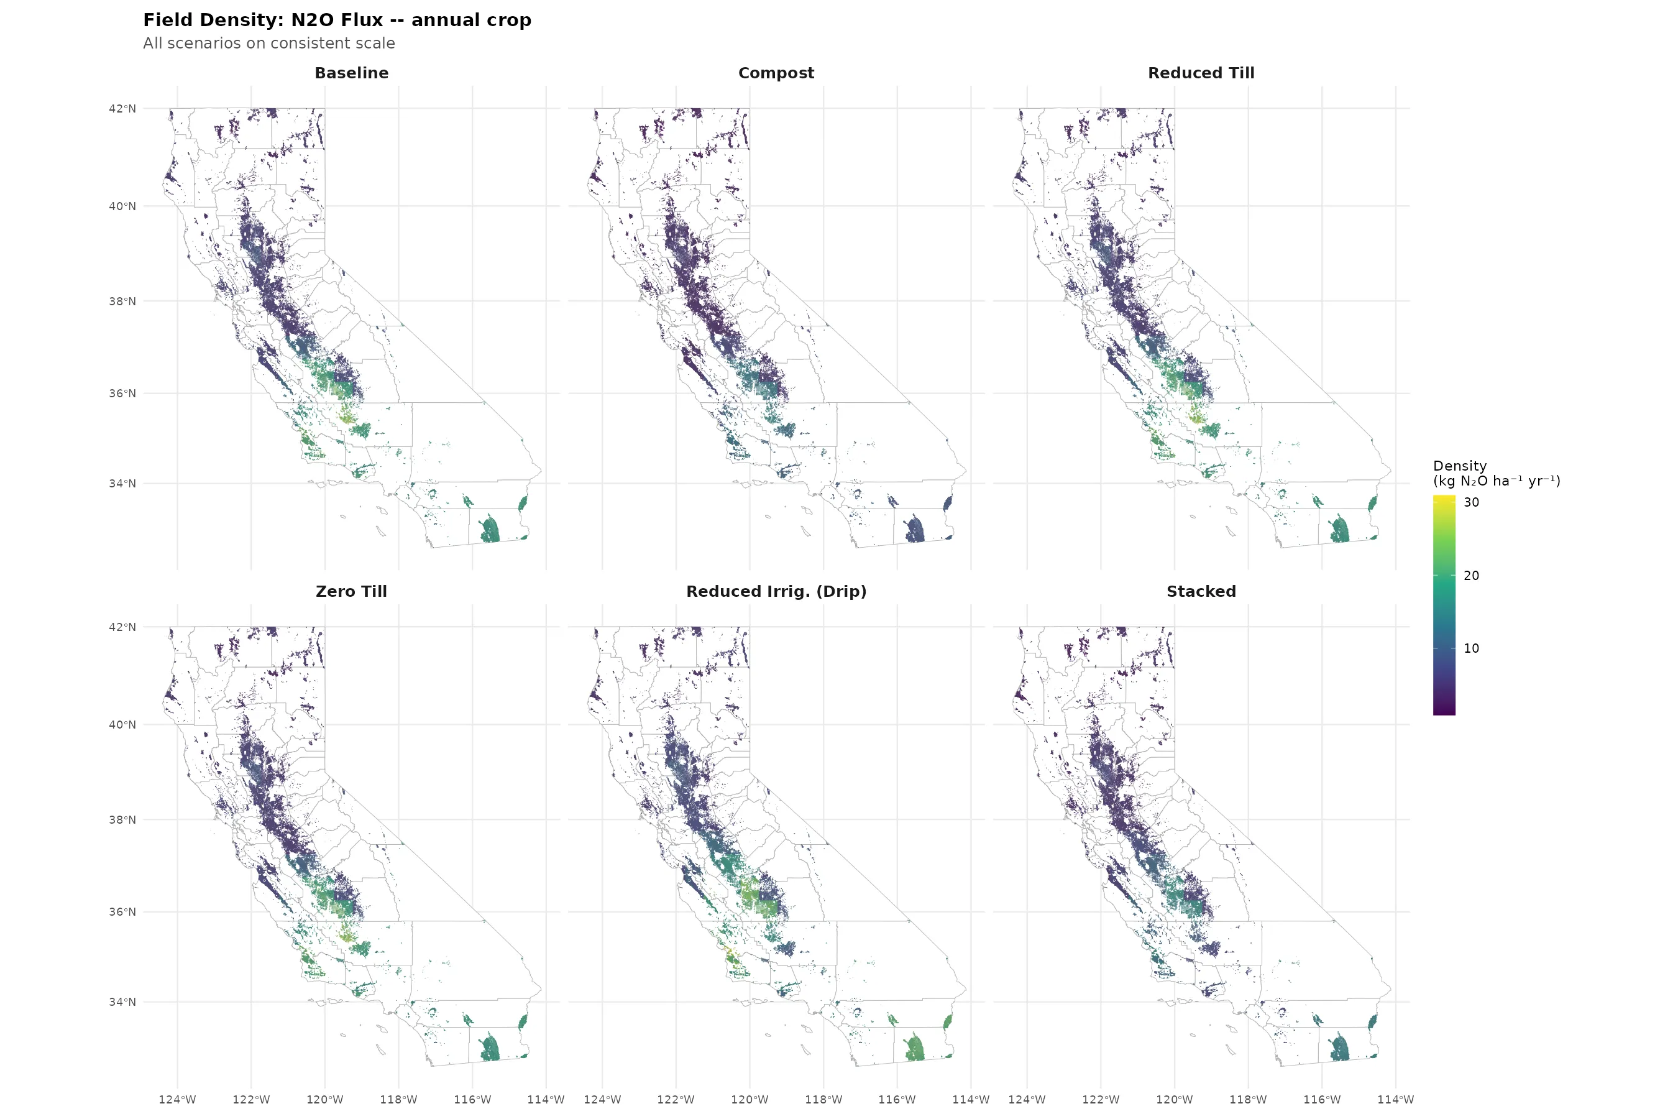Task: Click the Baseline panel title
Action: [351, 73]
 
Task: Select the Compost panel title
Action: [776, 73]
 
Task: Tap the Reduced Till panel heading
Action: [1201, 73]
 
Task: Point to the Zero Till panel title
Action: [351, 592]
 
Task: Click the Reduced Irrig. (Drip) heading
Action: [776, 592]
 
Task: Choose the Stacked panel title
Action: [1201, 592]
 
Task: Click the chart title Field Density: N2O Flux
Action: [337, 20]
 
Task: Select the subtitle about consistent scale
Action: [268, 44]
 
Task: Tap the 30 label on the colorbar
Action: [1471, 502]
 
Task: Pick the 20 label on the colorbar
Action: [1471, 576]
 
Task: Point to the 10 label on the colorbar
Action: [1471, 648]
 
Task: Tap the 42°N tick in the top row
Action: [122, 108]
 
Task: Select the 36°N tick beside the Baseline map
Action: [122, 394]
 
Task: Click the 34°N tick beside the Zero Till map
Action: [122, 1002]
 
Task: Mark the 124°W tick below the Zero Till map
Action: [177, 1100]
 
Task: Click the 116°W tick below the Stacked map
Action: [1321, 1100]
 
